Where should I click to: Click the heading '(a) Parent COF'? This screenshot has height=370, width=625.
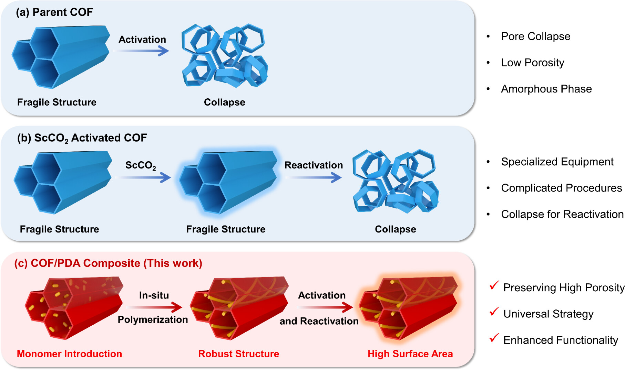(x=54, y=12)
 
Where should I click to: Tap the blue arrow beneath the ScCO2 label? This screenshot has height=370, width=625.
(x=143, y=177)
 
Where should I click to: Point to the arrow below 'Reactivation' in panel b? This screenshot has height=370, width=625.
(x=314, y=177)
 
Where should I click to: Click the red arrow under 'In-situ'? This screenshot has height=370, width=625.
(x=154, y=307)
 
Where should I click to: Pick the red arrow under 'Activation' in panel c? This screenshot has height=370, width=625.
(x=325, y=307)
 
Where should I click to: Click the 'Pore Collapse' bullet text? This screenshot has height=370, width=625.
(x=535, y=36)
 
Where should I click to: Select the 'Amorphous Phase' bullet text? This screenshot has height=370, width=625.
(x=546, y=89)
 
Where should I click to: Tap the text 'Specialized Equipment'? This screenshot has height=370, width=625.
(x=557, y=162)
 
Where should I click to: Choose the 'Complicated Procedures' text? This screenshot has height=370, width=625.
(x=561, y=188)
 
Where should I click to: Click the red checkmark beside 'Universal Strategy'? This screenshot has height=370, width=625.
(x=494, y=311)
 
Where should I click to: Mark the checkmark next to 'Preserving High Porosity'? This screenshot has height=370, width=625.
(x=494, y=285)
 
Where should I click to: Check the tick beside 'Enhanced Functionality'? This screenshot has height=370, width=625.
(x=494, y=338)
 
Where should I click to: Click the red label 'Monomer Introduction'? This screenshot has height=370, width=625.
(x=69, y=354)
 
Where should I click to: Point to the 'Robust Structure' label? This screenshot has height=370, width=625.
(x=238, y=354)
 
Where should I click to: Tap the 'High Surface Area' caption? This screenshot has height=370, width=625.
(x=410, y=354)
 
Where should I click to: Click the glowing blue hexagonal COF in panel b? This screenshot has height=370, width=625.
(x=228, y=182)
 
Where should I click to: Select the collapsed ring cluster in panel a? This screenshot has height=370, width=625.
(x=225, y=55)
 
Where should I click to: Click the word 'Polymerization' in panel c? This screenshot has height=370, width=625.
(x=153, y=320)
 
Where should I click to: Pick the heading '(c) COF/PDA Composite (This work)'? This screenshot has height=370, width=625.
(x=108, y=263)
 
